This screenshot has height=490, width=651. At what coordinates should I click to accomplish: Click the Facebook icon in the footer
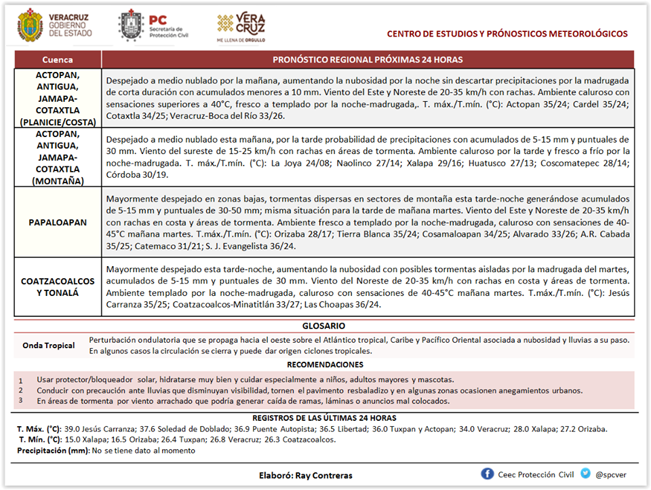pos(487,474)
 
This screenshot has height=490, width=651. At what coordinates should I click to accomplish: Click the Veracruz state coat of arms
pos(29,24)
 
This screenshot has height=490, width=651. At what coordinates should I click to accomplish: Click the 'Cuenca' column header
pos(57,60)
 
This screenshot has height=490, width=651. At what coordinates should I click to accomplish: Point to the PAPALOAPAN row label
pos(57,222)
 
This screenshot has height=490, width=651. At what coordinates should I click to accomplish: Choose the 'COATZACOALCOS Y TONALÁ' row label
pos(57,286)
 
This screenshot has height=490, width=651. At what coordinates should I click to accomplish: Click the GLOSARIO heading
pos(323,326)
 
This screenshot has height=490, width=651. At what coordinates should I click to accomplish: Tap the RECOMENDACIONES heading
pos(324,365)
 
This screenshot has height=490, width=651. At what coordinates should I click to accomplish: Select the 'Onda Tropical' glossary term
pos(48,345)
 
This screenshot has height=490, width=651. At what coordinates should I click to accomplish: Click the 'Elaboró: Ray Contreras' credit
pos(306,475)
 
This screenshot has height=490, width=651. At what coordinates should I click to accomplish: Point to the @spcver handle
pos(610,474)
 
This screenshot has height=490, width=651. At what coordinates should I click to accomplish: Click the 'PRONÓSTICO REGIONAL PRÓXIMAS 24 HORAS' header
pos(368,60)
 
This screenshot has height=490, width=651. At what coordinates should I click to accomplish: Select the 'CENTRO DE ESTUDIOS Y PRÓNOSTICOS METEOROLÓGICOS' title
pos(507,34)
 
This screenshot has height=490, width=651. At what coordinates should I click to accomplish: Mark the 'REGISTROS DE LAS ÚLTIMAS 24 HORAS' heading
pos(324,418)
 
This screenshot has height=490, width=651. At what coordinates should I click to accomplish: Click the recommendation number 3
pos(20,400)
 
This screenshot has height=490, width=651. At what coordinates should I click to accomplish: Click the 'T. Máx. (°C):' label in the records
pos(39,429)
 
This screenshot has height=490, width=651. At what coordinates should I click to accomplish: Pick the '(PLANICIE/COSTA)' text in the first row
pos(57,121)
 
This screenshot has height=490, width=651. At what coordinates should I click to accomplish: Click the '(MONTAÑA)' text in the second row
pos(57,181)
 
